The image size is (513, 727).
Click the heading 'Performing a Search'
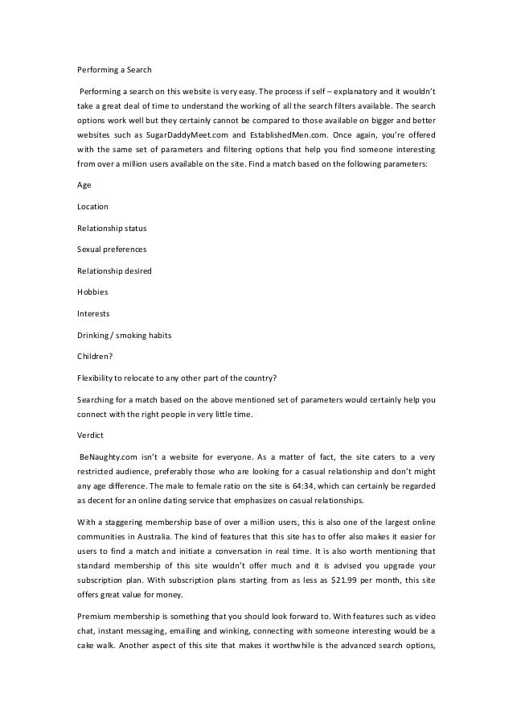(x=109, y=69)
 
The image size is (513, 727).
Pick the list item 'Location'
(x=92, y=207)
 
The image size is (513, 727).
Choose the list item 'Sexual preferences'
(x=111, y=249)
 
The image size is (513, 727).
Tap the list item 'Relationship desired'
(x=114, y=270)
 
